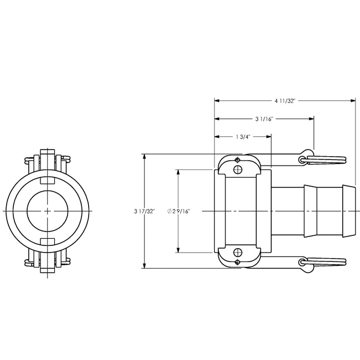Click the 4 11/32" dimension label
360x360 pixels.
click(285, 101)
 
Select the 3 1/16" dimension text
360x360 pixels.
click(264, 119)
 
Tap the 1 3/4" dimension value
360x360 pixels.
click(243, 137)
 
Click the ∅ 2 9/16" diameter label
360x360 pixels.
click(178, 211)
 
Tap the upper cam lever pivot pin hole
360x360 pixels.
click(238, 170)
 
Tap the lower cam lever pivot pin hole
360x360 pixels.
click(238, 253)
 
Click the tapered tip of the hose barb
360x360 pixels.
click(349, 211)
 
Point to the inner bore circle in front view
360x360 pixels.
click(48, 212)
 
